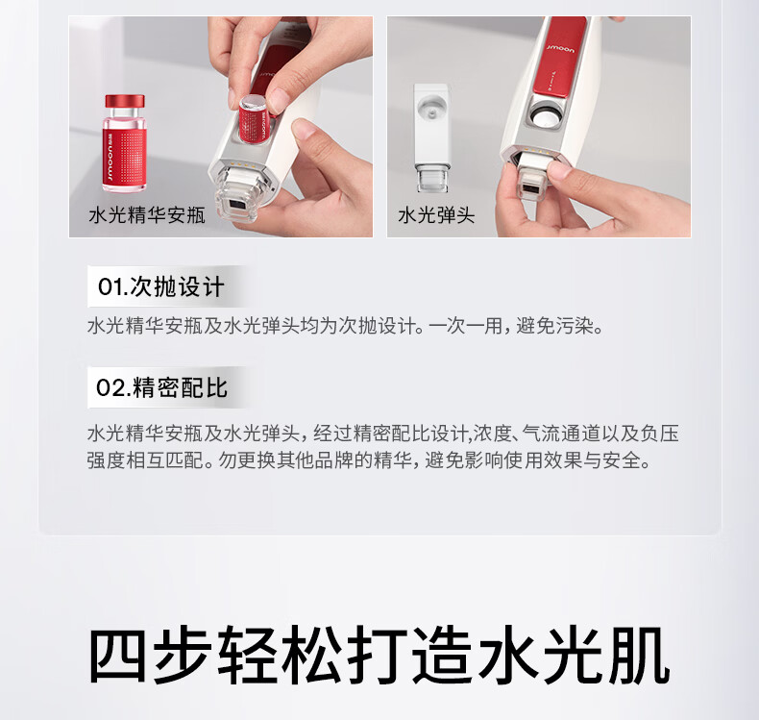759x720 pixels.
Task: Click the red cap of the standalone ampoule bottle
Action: coord(125,101)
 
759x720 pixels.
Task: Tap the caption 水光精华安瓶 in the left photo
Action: coord(147,215)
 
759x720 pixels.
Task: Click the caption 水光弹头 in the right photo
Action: coord(436,215)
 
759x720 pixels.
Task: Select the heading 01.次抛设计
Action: coord(161,286)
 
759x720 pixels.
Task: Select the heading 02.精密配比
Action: coord(161,387)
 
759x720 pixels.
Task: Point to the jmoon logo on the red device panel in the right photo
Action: coord(561,49)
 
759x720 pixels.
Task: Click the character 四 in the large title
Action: coord(117,656)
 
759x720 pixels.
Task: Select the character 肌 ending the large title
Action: coord(641,656)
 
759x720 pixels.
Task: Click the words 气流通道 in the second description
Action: coord(563,434)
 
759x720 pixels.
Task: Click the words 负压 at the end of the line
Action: coord(660,434)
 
